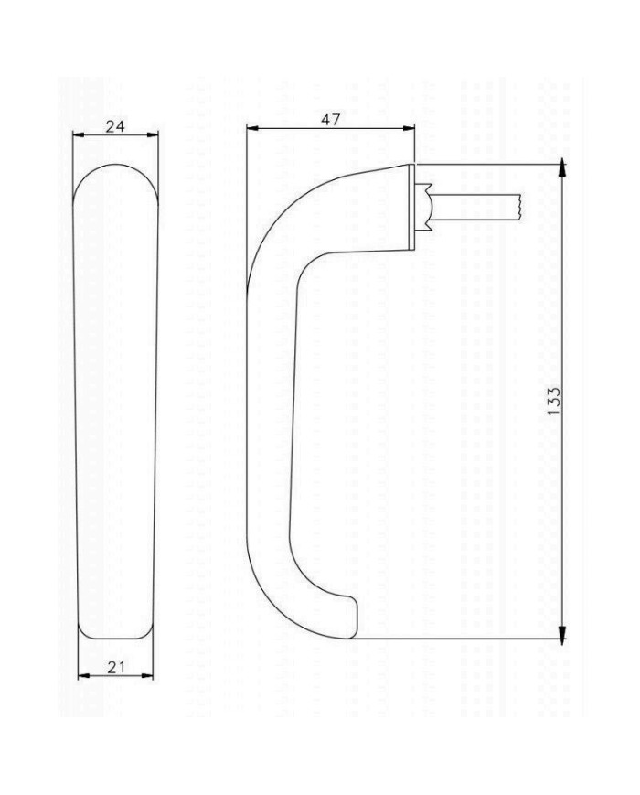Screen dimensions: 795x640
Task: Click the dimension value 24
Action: [x=114, y=126]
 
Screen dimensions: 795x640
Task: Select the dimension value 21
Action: [x=116, y=667]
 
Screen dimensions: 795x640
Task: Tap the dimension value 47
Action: [x=330, y=120]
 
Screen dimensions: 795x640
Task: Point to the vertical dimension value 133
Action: [x=554, y=401]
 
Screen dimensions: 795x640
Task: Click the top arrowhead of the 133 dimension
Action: [x=561, y=168]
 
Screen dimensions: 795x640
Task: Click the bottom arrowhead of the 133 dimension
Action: [x=561, y=633]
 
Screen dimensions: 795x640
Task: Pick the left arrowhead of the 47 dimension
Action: [x=253, y=130]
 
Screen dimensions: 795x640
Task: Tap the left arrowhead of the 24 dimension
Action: [x=78, y=135]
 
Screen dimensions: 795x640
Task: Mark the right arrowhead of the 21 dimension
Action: [x=148, y=676]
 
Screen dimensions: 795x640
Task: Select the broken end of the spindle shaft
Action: [x=518, y=208]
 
